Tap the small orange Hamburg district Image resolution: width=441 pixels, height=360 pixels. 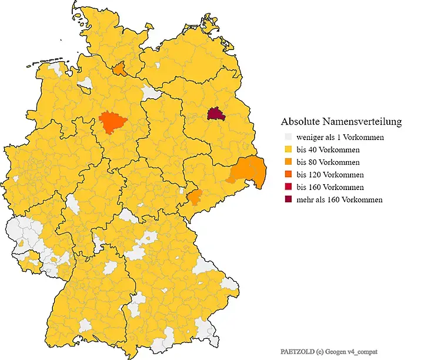click(119, 70)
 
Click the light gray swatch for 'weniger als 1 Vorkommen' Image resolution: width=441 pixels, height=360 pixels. click(287, 137)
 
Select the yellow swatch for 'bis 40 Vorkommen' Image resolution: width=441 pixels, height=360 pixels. click(287, 149)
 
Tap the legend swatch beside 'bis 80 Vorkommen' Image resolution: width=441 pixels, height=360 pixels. click(287, 162)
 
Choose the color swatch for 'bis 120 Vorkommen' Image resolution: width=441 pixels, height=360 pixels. click(287, 175)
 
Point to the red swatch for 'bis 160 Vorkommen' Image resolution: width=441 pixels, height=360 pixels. click(287, 187)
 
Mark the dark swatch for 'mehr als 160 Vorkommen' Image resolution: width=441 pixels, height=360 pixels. click(287, 199)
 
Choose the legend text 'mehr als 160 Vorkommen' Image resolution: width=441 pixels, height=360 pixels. click(339, 199)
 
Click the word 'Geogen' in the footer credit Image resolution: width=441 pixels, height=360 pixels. click(335, 351)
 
